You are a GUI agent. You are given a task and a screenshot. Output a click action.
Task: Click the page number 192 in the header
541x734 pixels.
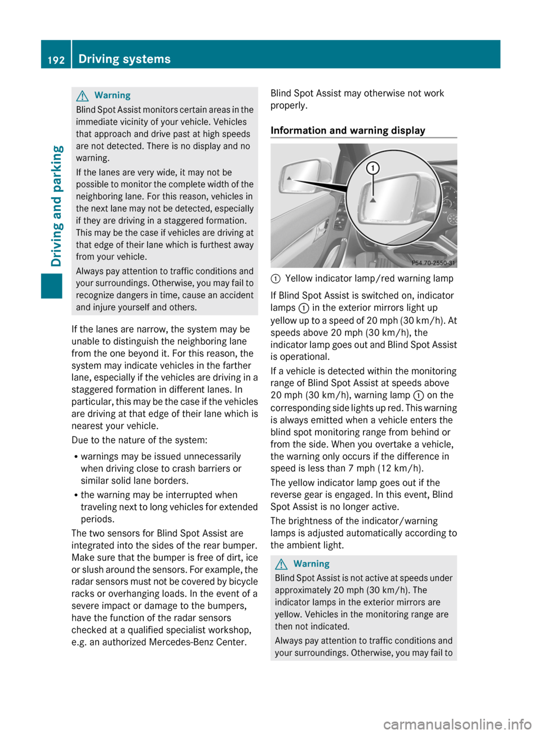56,60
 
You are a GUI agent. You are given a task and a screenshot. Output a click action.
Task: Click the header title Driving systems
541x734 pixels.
125,59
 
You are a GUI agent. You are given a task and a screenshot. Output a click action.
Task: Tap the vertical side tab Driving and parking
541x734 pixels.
56,206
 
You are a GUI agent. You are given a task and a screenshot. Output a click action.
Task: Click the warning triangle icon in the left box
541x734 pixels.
85,95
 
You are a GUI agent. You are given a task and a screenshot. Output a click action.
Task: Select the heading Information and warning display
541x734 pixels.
348,131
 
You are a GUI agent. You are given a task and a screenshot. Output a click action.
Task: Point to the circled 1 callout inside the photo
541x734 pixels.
373,168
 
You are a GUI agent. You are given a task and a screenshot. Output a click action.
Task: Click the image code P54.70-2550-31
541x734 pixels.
433,263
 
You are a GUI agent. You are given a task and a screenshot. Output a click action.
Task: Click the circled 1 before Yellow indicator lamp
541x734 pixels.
276,278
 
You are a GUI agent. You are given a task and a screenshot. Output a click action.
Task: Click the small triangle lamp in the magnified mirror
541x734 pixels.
373,200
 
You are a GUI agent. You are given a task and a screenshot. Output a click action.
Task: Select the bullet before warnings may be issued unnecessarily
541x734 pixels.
76,457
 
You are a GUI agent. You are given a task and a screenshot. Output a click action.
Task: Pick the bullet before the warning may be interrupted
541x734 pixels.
76,496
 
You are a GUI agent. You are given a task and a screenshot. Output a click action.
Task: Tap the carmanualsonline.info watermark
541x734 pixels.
457,724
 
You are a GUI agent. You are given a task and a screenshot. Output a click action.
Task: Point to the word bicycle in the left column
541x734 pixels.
238,582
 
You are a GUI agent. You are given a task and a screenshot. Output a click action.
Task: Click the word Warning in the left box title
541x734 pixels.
112,95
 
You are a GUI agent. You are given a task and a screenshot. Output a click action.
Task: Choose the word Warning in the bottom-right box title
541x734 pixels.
311,564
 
